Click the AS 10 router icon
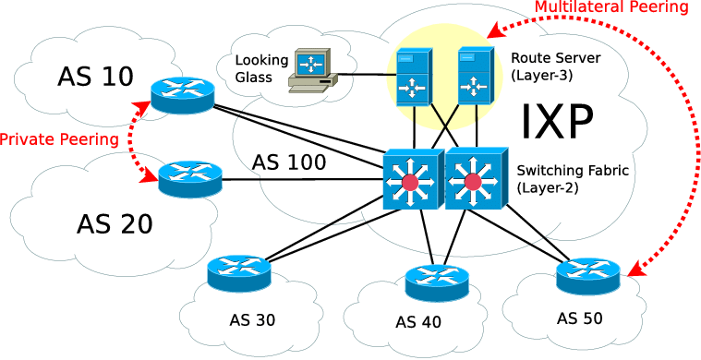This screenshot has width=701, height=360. (182, 95)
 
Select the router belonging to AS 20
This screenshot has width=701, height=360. (190, 179)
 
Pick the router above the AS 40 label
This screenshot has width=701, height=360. (437, 282)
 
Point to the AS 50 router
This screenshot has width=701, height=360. (588, 276)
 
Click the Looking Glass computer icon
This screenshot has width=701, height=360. (312, 70)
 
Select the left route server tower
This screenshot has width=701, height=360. (415, 77)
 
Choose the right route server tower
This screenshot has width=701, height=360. (476, 77)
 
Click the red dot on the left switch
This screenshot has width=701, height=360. (410, 182)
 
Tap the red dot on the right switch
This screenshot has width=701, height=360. (472, 182)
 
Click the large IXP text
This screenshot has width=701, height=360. (557, 122)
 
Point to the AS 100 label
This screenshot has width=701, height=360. (289, 162)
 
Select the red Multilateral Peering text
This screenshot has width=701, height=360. (611, 7)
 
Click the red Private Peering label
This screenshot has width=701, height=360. (59, 139)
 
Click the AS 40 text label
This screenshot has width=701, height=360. (418, 321)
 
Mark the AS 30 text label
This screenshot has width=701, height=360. (252, 319)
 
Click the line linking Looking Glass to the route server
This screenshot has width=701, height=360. (363, 74)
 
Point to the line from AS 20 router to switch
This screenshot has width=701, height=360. (303, 180)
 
